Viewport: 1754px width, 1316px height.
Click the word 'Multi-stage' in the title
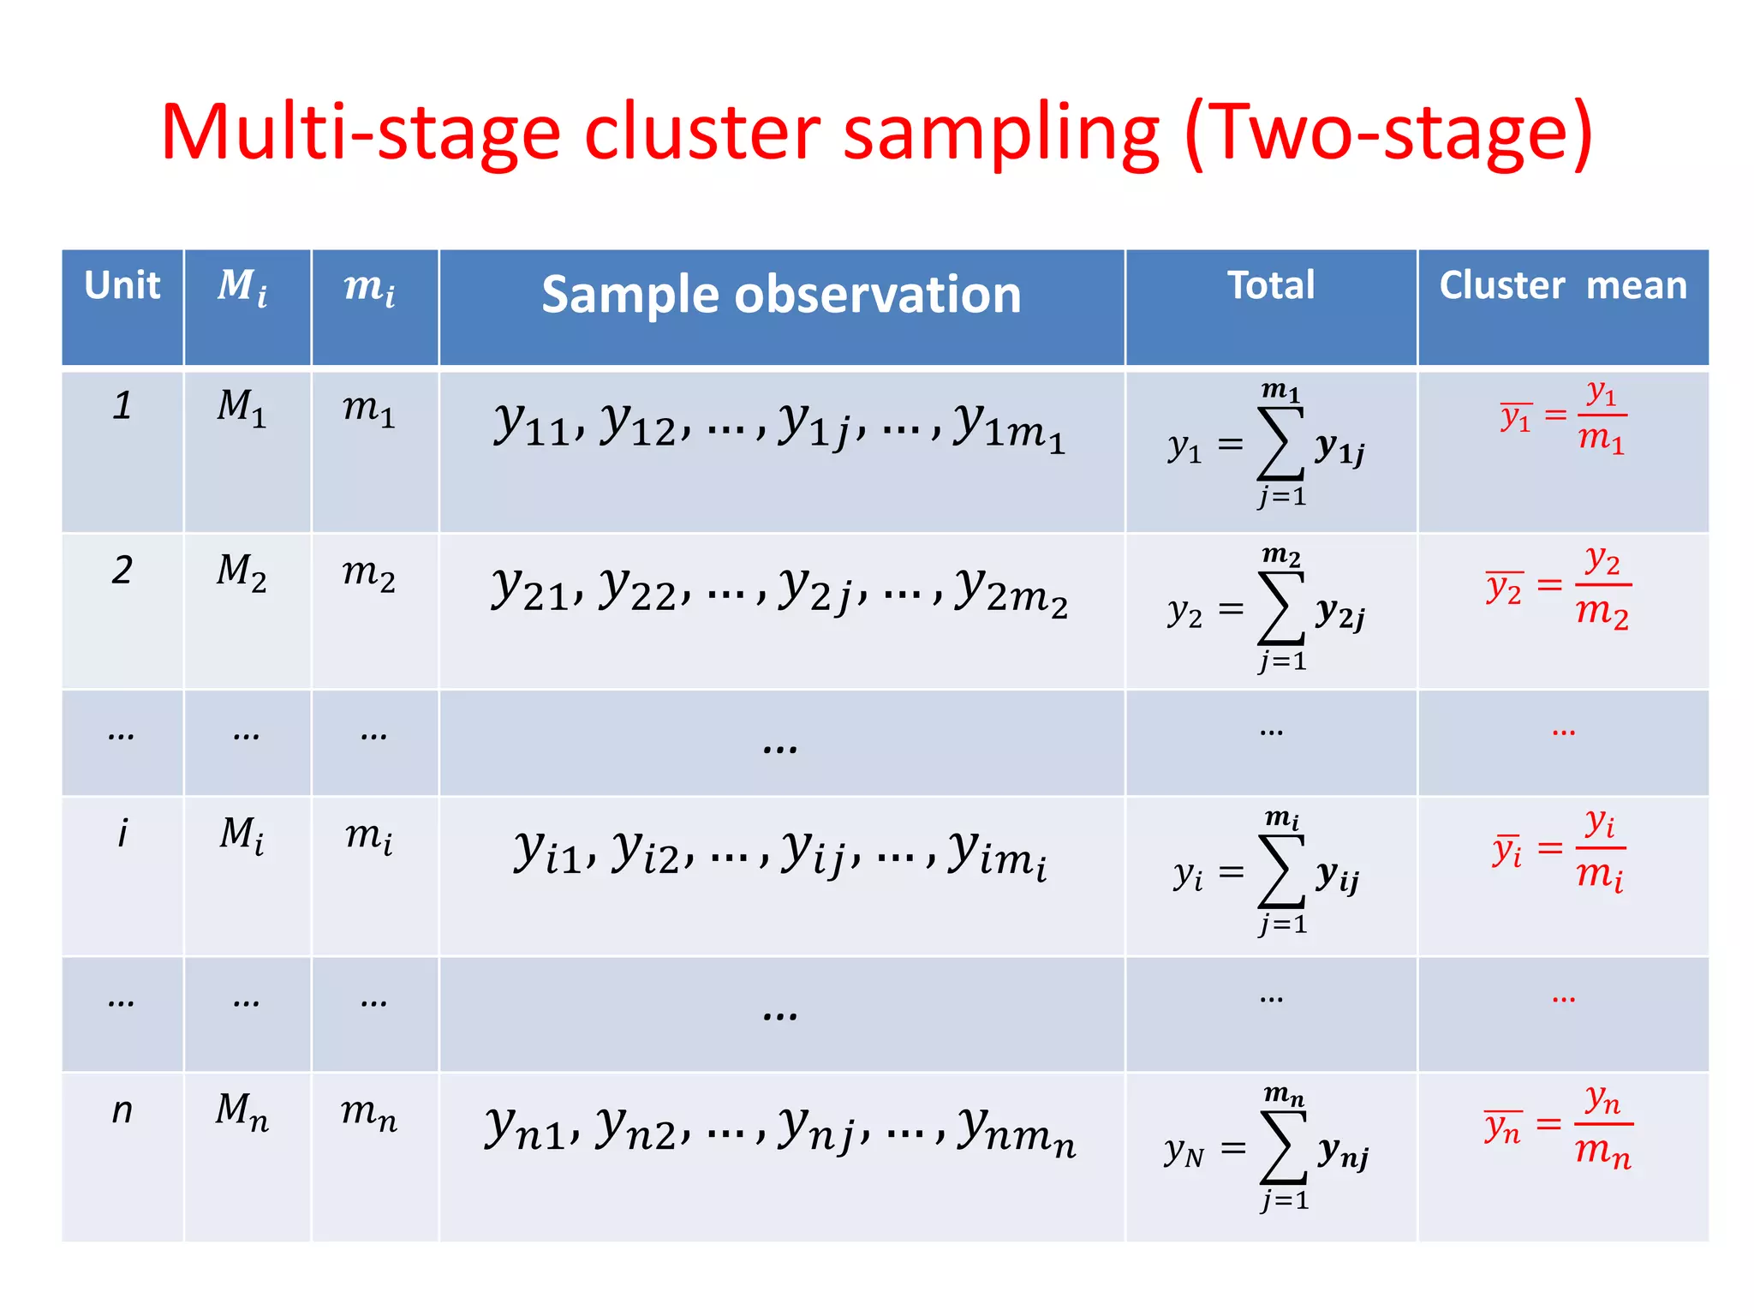pyautogui.click(x=360, y=133)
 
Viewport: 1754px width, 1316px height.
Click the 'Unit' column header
pyautogui.click(x=122, y=285)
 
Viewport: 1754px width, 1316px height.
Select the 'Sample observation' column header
pyautogui.click(x=781, y=295)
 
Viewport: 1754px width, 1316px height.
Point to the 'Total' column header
pyautogui.click(x=1271, y=285)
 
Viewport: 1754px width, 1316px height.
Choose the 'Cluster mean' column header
pyautogui.click(x=1562, y=285)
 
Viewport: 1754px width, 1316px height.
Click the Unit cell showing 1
pyautogui.click(x=122, y=405)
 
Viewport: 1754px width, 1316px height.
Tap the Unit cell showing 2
pyautogui.click(x=122, y=570)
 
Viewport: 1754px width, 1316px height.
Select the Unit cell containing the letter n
pyautogui.click(x=122, y=1110)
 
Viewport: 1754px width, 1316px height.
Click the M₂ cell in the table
pyautogui.click(x=242, y=572)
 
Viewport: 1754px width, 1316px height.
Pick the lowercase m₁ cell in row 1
pyautogui.click(x=369, y=409)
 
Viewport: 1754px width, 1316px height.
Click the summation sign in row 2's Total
pyautogui.click(x=1280, y=608)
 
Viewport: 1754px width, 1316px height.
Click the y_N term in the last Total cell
pyautogui.click(x=1184, y=1151)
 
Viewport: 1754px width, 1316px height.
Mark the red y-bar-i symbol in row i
pyautogui.click(x=1507, y=850)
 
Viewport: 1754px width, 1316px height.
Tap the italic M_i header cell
pyautogui.click(x=242, y=286)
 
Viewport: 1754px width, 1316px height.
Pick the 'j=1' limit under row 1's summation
pyautogui.click(x=1282, y=497)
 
